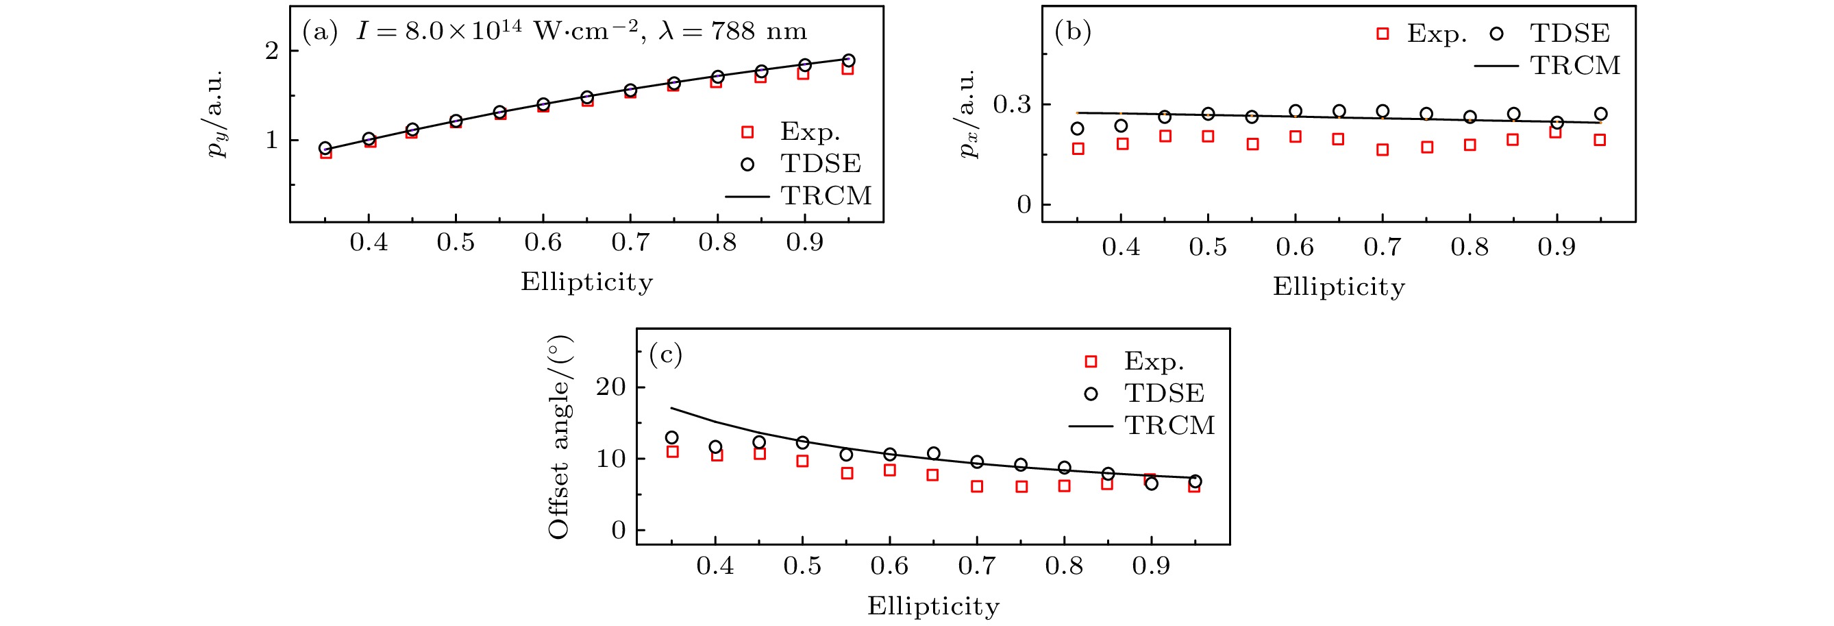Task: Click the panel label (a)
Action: click(320, 32)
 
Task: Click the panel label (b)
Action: click(1072, 32)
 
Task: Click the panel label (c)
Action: click(666, 354)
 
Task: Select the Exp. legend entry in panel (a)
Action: click(810, 132)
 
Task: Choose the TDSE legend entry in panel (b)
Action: click(1569, 34)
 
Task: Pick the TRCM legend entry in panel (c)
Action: click(1169, 425)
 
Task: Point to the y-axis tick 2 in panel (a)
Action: click(272, 51)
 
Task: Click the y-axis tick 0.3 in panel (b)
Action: click(1012, 105)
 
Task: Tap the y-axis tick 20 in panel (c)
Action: click(611, 387)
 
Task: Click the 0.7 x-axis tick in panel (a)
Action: click(630, 243)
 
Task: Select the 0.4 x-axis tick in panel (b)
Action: click(1121, 247)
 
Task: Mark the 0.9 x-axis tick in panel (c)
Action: click(1151, 566)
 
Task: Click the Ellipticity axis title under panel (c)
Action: click(932, 606)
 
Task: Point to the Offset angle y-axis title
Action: click(560, 437)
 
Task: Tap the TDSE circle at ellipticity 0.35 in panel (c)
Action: click(671, 437)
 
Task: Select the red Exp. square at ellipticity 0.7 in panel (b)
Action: click(1383, 150)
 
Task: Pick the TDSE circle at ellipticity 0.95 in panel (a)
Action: click(849, 60)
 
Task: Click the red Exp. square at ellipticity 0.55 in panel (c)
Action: click(847, 473)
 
